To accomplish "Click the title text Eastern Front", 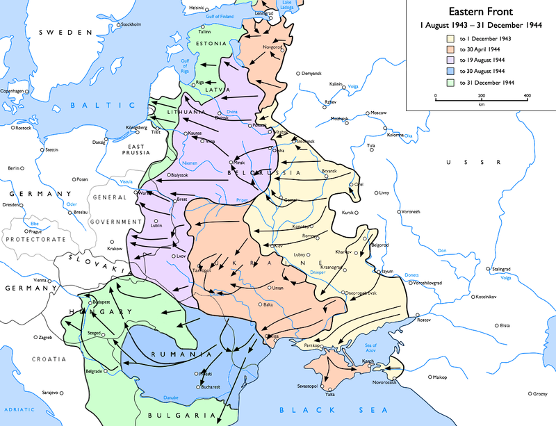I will coord(479,12).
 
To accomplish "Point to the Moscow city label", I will coord(378,113).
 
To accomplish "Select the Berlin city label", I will coord(13,168).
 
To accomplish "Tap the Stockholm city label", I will coord(131,24).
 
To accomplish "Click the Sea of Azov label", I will coord(370,348).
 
